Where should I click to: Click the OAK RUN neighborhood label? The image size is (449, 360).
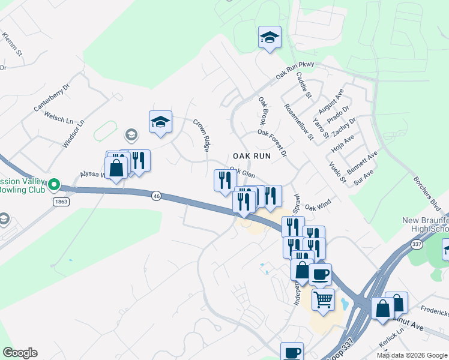tap(252, 155)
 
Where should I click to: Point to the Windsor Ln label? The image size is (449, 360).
tap(74, 134)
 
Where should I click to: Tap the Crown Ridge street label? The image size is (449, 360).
tap(201, 134)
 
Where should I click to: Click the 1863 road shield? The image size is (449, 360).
tap(61, 202)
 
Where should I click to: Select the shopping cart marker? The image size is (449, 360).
tap(324, 299)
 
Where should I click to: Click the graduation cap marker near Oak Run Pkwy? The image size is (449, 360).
tap(270, 38)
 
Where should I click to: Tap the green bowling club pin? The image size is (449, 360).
tap(54, 184)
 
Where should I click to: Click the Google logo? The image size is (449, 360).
tap(20, 353)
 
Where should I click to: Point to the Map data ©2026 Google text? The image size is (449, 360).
tap(411, 355)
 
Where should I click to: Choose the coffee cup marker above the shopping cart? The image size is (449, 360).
tap(320, 274)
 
